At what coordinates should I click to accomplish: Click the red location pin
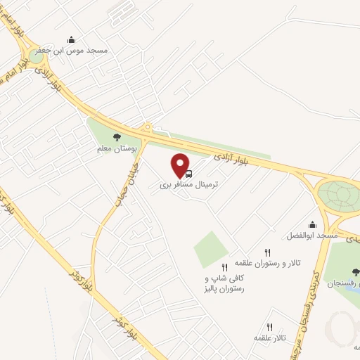(x=181, y=164)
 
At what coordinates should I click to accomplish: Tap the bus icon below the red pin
(x=188, y=173)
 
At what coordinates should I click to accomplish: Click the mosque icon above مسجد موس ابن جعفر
(x=70, y=40)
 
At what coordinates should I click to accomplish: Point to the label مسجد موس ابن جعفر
(x=70, y=51)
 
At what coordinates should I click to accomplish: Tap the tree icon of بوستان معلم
(x=117, y=138)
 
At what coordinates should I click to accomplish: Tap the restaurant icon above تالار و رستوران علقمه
(x=267, y=252)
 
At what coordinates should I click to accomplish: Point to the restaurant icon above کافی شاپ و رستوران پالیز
(x=224, y=267)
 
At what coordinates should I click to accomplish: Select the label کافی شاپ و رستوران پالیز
(x=224, y=284)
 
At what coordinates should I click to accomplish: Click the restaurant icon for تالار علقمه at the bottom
(x=269, y=326)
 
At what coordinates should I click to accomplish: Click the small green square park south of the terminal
(x=212, y=249)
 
